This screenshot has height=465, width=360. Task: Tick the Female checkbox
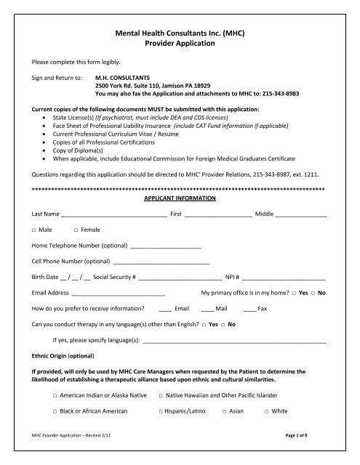point(76,230)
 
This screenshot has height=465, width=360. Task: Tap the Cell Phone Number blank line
point(161,262)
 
